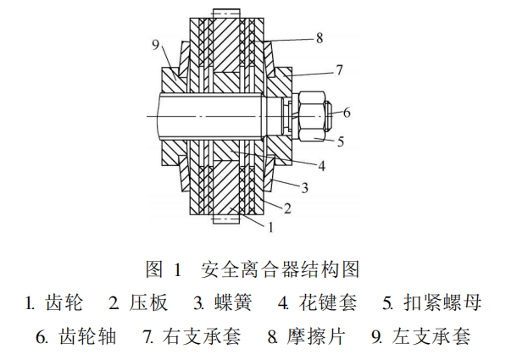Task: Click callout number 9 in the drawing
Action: click(x=156, y=45)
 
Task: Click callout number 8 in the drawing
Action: click(x=320, y=38)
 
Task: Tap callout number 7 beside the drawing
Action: click(x=339, y=70)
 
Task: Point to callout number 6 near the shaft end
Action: click(x=347, y=113)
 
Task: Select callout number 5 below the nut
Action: click(x=341, y=141)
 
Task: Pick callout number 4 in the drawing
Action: click(x=321, y=166)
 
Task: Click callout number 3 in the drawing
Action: click(x=304, y=187)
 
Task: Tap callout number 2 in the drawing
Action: click(x=287, y=208)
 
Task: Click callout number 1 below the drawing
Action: click(x=270, y=227)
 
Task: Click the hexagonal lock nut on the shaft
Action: click(x=311, y=116)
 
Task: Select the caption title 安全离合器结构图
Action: click(x=280, y=269)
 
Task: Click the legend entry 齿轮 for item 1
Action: click(x=64, y=302)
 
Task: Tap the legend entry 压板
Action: click(x=149, y=302)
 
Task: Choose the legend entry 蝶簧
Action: click(x=233, y=302)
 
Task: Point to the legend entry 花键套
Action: click(x=327, y=302)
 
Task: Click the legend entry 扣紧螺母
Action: click(x=442, y=302)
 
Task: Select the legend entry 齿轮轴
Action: click(x=87, y=336)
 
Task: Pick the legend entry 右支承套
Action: click(x=202, y=336)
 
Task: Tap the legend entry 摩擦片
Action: click(x=315, y=336)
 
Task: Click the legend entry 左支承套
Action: click(x=431, y=336)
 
